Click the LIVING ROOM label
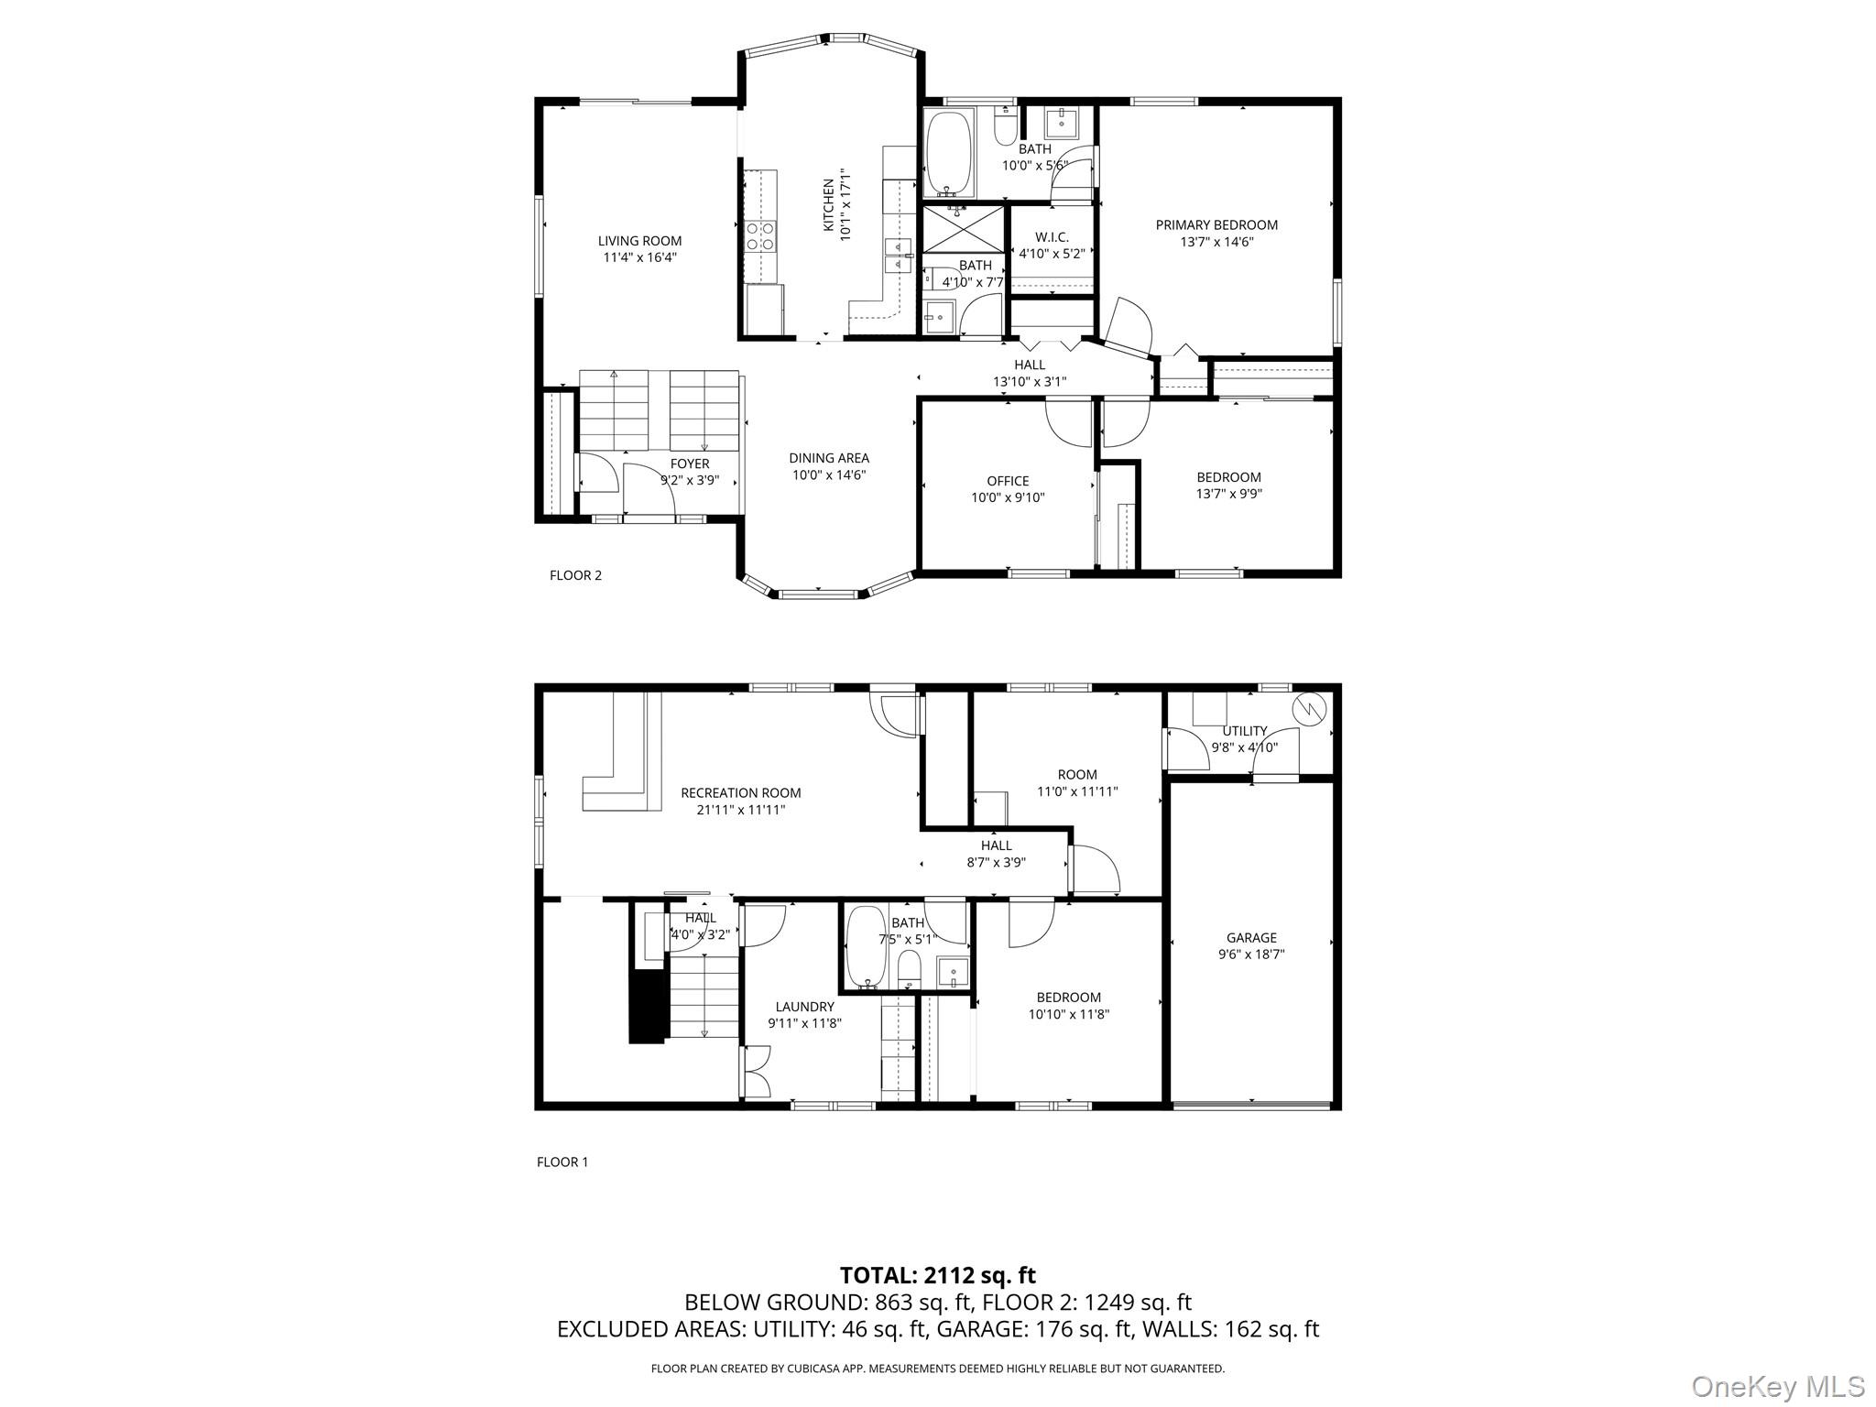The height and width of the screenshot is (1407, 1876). (639, 241)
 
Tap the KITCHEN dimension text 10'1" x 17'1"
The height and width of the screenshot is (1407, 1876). (845, 205)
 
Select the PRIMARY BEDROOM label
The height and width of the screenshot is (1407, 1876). (1216, 225)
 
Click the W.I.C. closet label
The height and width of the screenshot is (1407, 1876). (1051, 237)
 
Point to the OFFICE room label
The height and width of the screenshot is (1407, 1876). (1008, 481)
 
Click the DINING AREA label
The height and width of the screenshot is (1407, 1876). (829, 458)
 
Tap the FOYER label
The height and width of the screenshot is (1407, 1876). (689, 464)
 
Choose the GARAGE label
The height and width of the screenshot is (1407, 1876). (1251, 937)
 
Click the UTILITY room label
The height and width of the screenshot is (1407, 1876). (1244, 731)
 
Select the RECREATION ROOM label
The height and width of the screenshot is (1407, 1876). (740, 793)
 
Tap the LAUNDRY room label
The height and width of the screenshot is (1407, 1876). (804, 1007)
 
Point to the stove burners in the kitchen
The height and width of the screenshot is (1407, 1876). (761, 236)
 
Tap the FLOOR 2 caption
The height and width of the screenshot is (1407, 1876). (575, 575)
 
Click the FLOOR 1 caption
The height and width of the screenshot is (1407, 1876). (562, 1162)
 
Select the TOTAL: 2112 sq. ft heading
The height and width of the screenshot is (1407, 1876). (937, 1274)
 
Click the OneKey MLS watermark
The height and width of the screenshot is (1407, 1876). (1777, 1386)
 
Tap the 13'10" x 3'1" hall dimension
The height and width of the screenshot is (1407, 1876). (1030, 382)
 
